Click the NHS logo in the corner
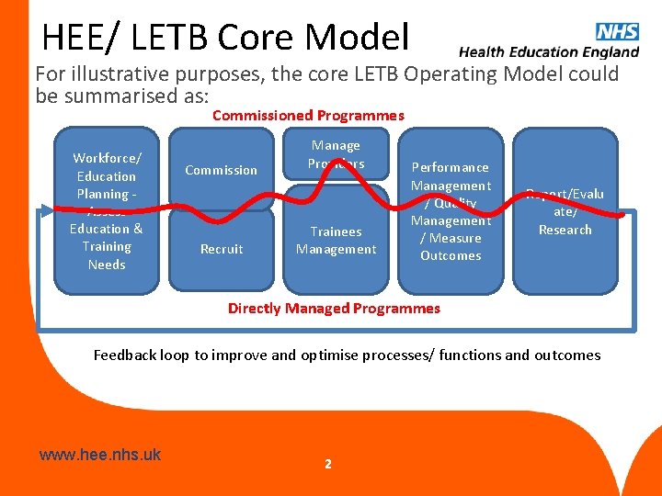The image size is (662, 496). tap(617, 31)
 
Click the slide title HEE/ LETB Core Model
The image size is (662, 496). tap(225, 38)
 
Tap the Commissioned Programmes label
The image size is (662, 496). tap(308, 115)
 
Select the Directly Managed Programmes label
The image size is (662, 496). tap(334, 308)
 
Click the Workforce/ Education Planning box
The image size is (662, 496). tap(106, 210)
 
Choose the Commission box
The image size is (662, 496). tap(222, 170)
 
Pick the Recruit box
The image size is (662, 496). tap(222, 249)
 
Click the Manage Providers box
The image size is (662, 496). tap(336, 154)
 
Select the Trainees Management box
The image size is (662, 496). tap(336, 241)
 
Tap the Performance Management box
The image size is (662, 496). tap(451, 210)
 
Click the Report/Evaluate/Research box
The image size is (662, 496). tap(565, 210)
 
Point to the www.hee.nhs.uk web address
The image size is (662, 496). tap(100, 454)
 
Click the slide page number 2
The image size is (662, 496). tap(327, 464)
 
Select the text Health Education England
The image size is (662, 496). tap(549, 52)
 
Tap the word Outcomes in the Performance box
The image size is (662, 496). tap(451, 255)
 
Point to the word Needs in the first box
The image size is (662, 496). tap(107, 265)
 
